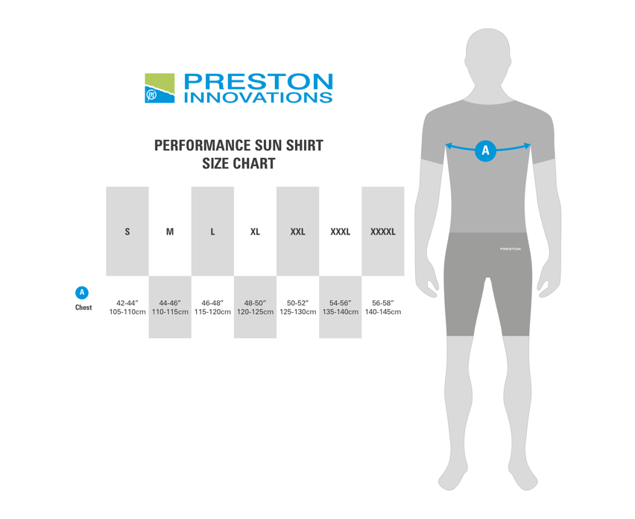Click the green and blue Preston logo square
[159, 88]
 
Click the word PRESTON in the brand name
[259, 81]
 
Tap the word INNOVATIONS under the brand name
[259, 98]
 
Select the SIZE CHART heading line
[239, 163]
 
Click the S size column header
[127, 232]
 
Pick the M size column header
[170, 232]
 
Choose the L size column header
[212, 232]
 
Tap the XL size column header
[255, 232]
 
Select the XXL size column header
[297, 232]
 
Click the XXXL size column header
[340, 232]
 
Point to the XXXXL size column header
[383, 232]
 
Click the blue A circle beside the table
[82, 293]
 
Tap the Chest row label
[83, 308]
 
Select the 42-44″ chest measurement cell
[127, 303]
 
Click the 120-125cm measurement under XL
[255, 312]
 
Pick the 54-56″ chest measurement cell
[340, 303]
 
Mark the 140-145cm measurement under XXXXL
[383, 312]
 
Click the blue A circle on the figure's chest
[485, 151]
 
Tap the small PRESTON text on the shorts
[511, 249]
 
